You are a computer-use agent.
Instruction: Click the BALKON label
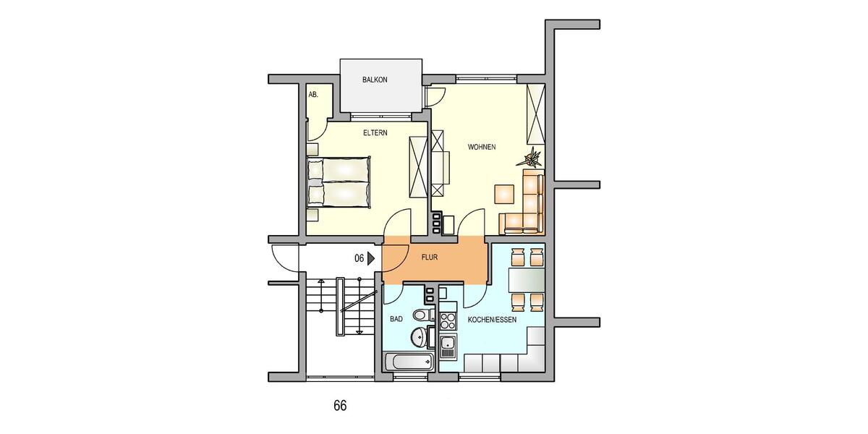tap(375, 80)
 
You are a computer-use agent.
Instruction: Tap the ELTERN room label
tap(375, 133)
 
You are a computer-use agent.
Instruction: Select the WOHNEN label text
tap(482, 148)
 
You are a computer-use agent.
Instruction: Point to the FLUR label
tap(430, 256)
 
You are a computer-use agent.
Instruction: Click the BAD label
tap(396, 318)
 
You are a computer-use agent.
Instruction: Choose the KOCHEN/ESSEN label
tap(492, 319)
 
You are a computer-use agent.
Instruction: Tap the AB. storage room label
tap(314, 95)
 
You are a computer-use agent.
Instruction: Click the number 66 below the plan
tap(340, 405)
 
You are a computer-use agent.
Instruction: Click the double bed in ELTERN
tap(339, 181)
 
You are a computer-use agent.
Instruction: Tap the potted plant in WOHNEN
tap(533, 157)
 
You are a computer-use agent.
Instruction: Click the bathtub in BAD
tap(408, 362)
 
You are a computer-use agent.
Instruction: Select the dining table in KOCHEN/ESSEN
tap(527, 278)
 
